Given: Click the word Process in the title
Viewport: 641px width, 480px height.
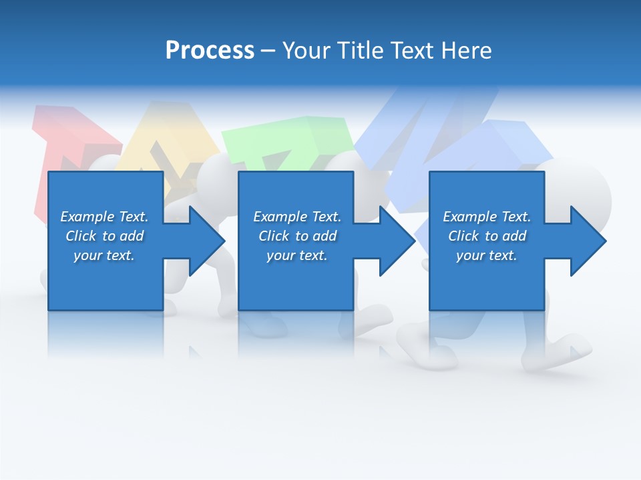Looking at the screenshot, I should tap(210, 51).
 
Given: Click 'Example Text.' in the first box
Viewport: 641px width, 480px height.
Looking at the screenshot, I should tap(104, 217).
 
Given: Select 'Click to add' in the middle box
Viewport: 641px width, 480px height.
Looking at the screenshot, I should tap(297, 236).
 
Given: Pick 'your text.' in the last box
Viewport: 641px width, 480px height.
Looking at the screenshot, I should tap(487, 255).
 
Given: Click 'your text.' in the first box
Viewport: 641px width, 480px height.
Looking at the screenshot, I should tap(104, 255).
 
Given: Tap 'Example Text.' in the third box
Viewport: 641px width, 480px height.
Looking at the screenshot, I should tap(487, 217).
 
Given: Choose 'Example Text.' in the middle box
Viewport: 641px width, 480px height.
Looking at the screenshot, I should tap(297, 217).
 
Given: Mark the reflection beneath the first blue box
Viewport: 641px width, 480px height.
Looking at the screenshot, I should tap(105, 333).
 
